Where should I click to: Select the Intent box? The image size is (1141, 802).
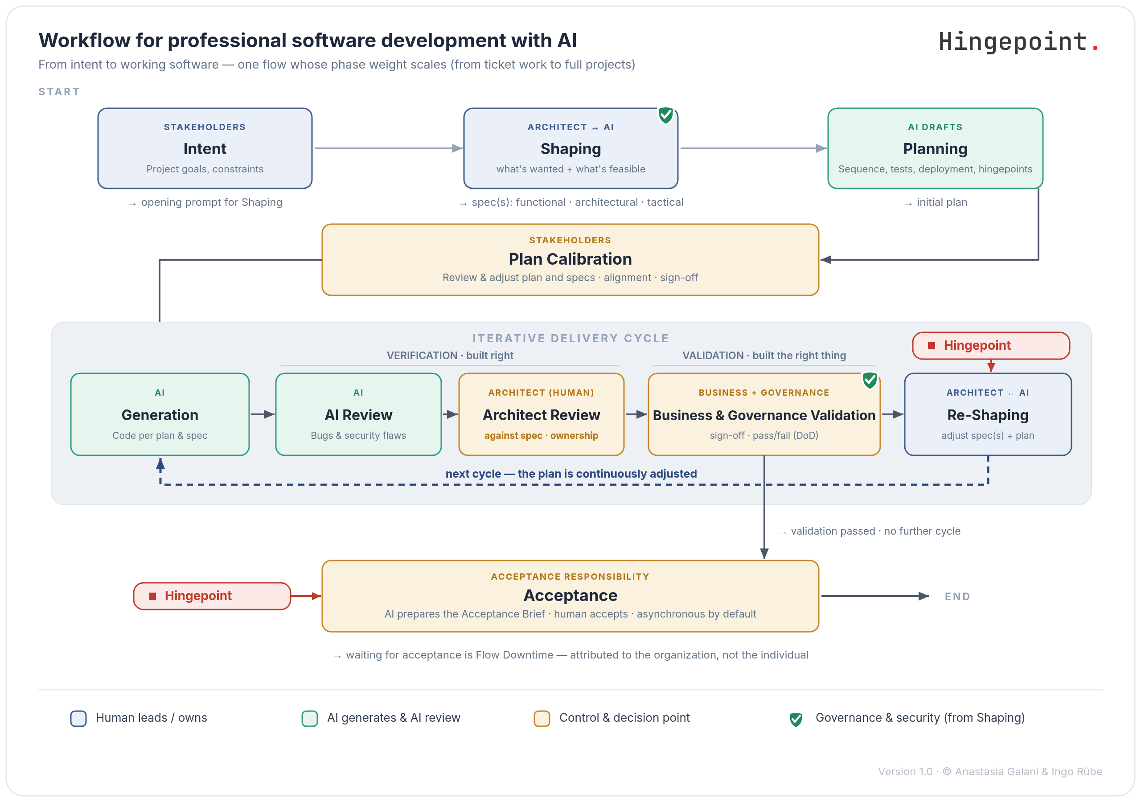(205, 148)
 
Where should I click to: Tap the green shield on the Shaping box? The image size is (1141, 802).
(666, 115)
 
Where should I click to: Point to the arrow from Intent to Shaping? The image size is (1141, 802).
(388, 148)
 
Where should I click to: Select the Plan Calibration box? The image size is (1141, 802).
(570, 259)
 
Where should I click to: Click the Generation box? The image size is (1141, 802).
(160, 414)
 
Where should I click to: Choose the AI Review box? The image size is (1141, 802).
(358, 414)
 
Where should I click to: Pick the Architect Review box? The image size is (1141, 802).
(541, 414)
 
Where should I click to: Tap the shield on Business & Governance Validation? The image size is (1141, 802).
(870, 380)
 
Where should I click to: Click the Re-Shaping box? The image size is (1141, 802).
(988, 414)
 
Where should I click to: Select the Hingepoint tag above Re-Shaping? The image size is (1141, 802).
(991, 345)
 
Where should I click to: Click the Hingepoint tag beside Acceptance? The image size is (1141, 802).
(212, 596)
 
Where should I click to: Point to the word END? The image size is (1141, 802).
(957, 596)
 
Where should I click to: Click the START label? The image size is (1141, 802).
(59, 91)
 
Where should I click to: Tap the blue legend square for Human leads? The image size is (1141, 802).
(78, 719)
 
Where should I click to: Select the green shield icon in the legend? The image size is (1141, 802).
(796, 719)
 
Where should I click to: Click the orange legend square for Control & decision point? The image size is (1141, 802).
(542, 719)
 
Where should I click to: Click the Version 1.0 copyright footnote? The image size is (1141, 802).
(990, 771)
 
